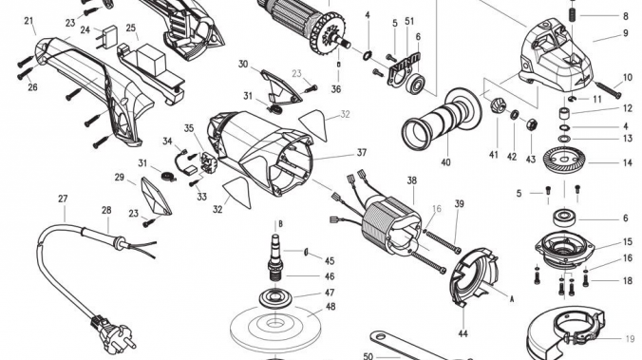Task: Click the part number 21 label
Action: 28,21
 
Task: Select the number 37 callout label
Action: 361,153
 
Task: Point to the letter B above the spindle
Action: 280,224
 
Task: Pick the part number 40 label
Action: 445,162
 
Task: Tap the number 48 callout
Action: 330,307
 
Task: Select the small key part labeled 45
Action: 306,252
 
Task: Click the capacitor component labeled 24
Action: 109,37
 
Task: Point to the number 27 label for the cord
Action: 63,199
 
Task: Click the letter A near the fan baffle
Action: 511,299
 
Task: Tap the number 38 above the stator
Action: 412,180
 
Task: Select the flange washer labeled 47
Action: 276,297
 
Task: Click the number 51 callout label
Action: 409,21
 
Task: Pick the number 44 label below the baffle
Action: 463,333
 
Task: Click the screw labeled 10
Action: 608,90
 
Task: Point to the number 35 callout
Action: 188,128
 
